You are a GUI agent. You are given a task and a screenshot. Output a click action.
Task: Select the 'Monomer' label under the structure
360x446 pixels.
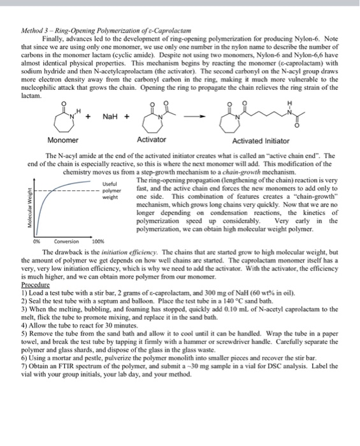click(x=64, y=140)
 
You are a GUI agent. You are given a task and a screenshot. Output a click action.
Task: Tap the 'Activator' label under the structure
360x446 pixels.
click(x=152, y=140)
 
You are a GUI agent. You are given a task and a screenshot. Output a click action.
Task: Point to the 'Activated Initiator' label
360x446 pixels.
click(x=260, y=140)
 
